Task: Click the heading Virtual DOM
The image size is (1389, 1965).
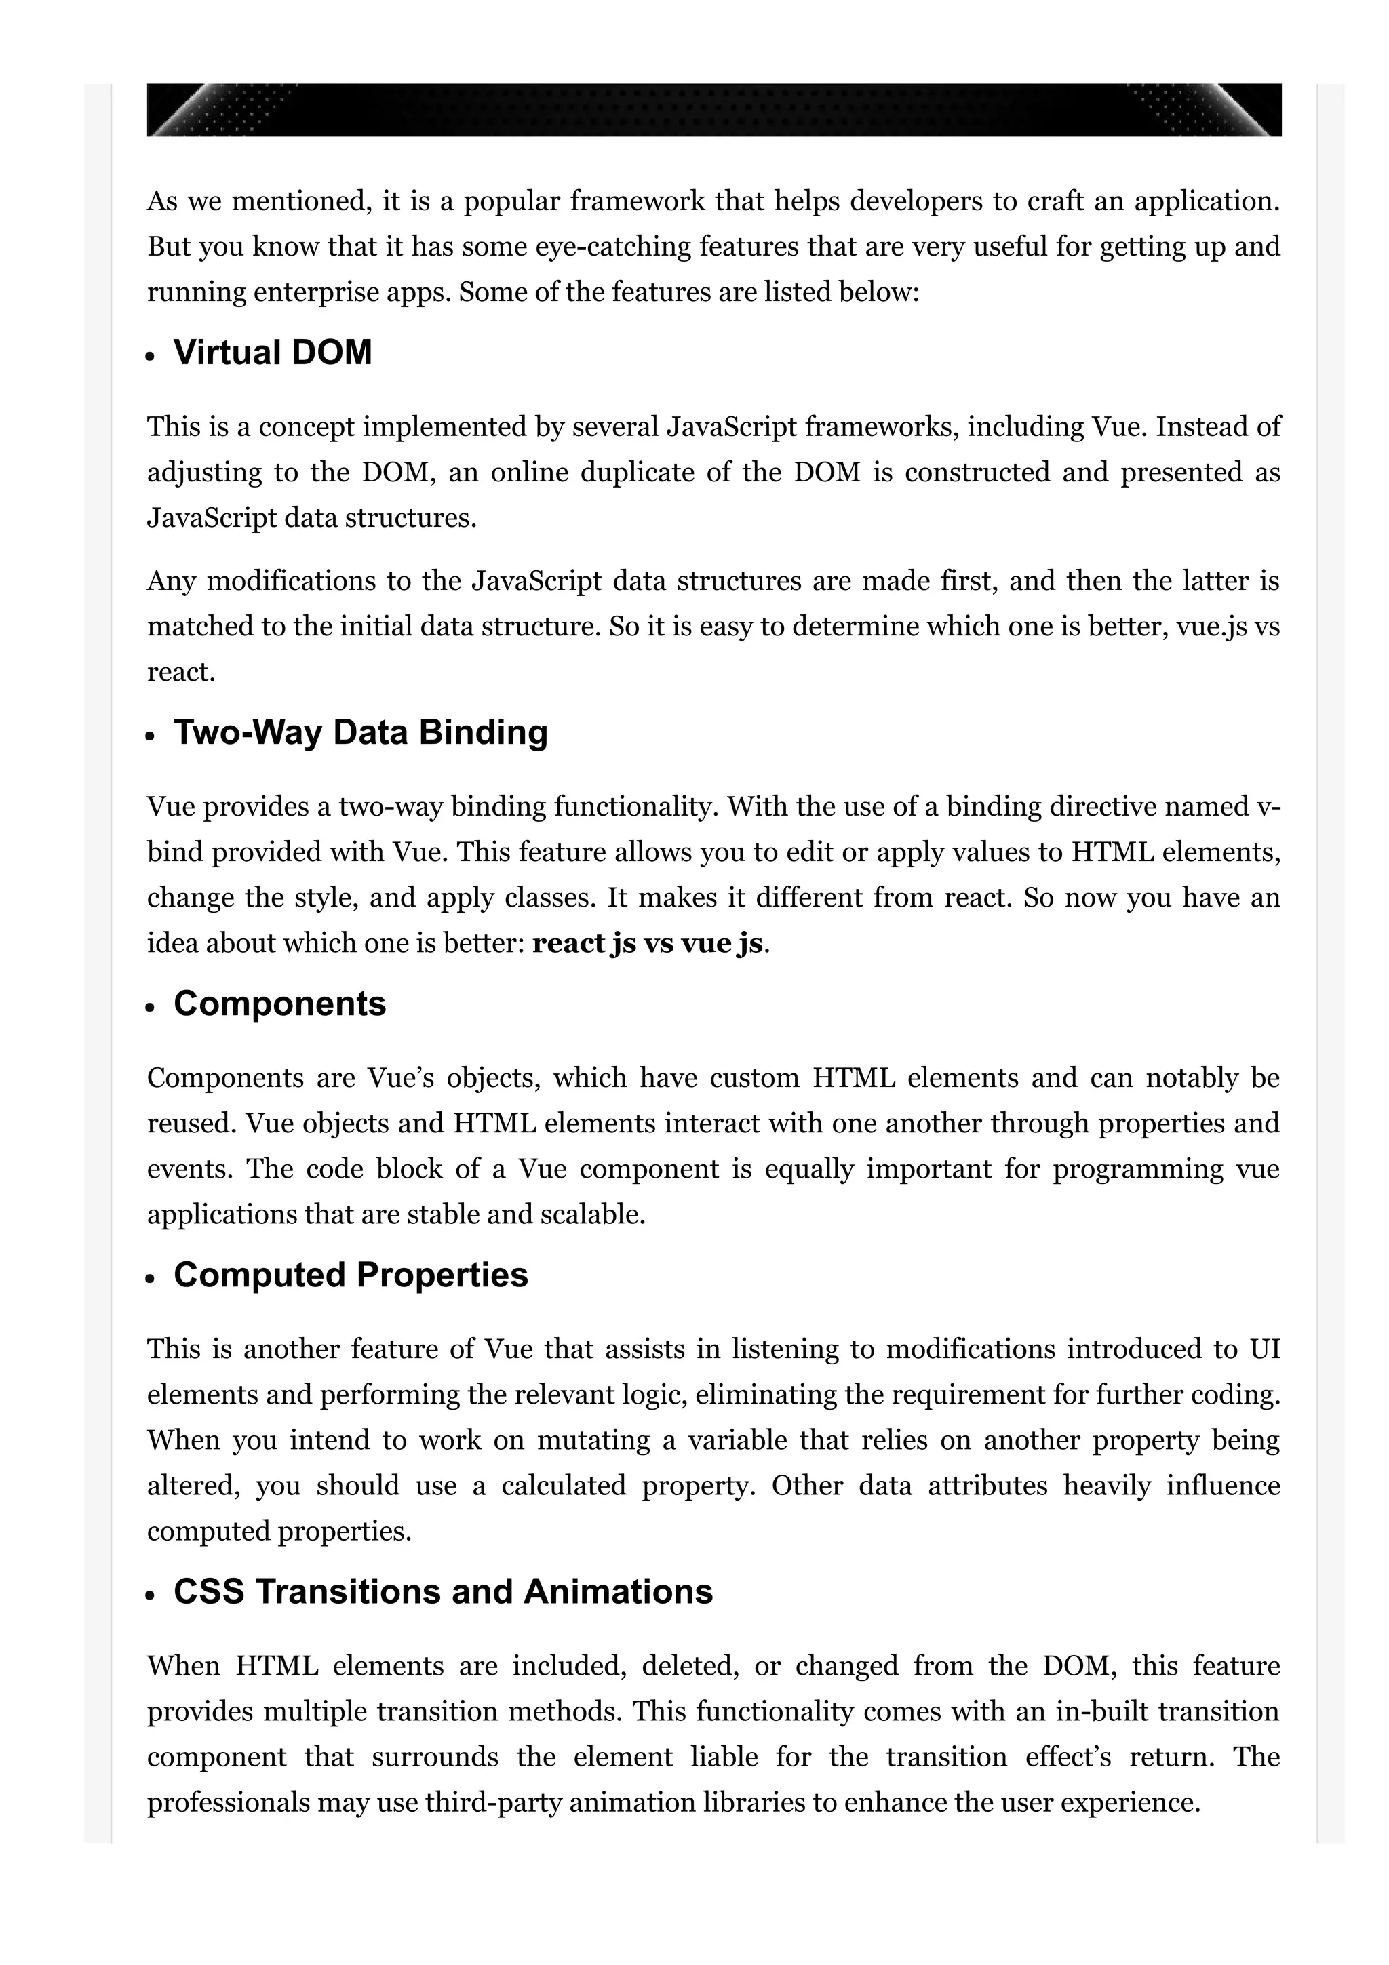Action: point(272,353)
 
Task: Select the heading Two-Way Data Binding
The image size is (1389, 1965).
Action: point(360,732)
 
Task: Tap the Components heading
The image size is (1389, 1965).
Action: point(280,1004)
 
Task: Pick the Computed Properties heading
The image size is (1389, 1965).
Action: point(351,1275)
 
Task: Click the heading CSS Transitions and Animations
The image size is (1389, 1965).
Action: point(442,1592)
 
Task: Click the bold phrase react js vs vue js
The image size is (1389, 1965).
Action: point(647,943)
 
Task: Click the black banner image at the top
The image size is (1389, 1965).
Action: point(713,110)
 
